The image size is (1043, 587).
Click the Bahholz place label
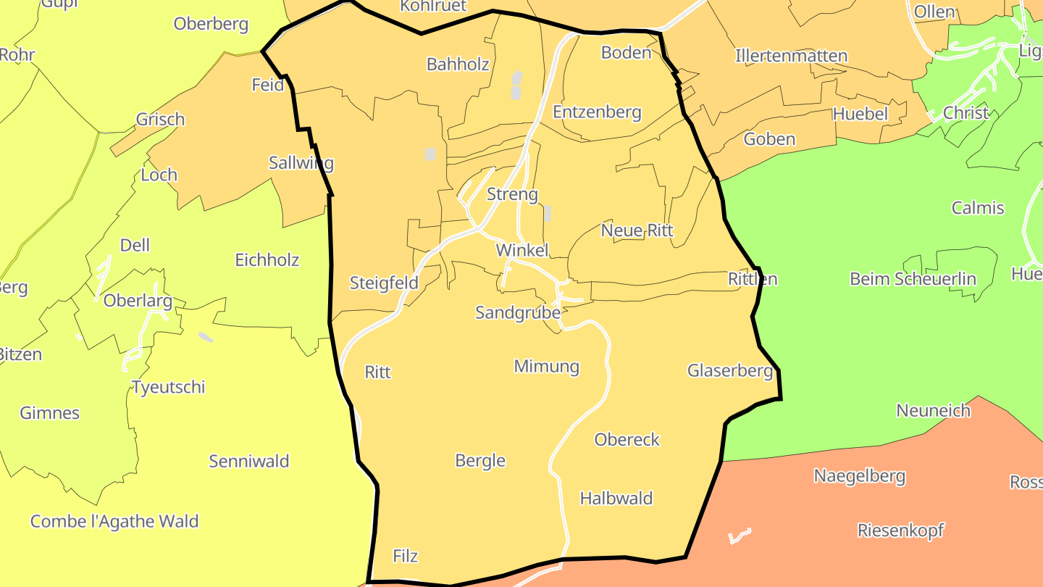pyautogui.click(x=458, y=64)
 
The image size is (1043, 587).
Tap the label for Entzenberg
pyautogui.click(x=597, y=112)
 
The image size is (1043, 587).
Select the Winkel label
pyautogui.click(x=521, y=250)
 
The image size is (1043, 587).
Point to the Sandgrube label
pyautogui.click(x=518, y=312)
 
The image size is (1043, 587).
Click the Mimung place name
pyautogui.click(x=546, y=366)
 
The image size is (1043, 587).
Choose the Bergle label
pyautogui.click(x=479, y=460)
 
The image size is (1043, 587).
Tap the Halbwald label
pyautogui.click(x=616, y=498)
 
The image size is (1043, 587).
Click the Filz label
pyautogui.click(x=405, y=556)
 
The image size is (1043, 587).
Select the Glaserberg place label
pyautogui.click(x=730, y=370)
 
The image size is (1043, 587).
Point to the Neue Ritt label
pyautogui.click(x=637, y=230)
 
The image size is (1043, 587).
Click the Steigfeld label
pyautogui.click(x=384, y=283)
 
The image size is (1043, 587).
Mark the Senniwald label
pyautogui.click(x=248, y=461)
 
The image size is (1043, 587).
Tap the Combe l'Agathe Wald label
pyautogui.click(x=114, y=521)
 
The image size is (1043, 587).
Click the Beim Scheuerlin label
pyautogui.click(x=913, y=279)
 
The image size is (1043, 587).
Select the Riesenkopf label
pyautogui.click(x=900, y=530)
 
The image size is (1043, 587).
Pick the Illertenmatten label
pyautogui.click(x=791, y=56)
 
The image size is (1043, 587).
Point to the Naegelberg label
pyautogui.click(x=859, y=476)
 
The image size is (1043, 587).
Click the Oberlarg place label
pyautogui.click(x=138, y=300)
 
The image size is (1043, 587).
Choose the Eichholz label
pyautogui.click(x=267, y=259)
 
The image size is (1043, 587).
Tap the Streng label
pyautogui.click(x=512, y=194)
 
